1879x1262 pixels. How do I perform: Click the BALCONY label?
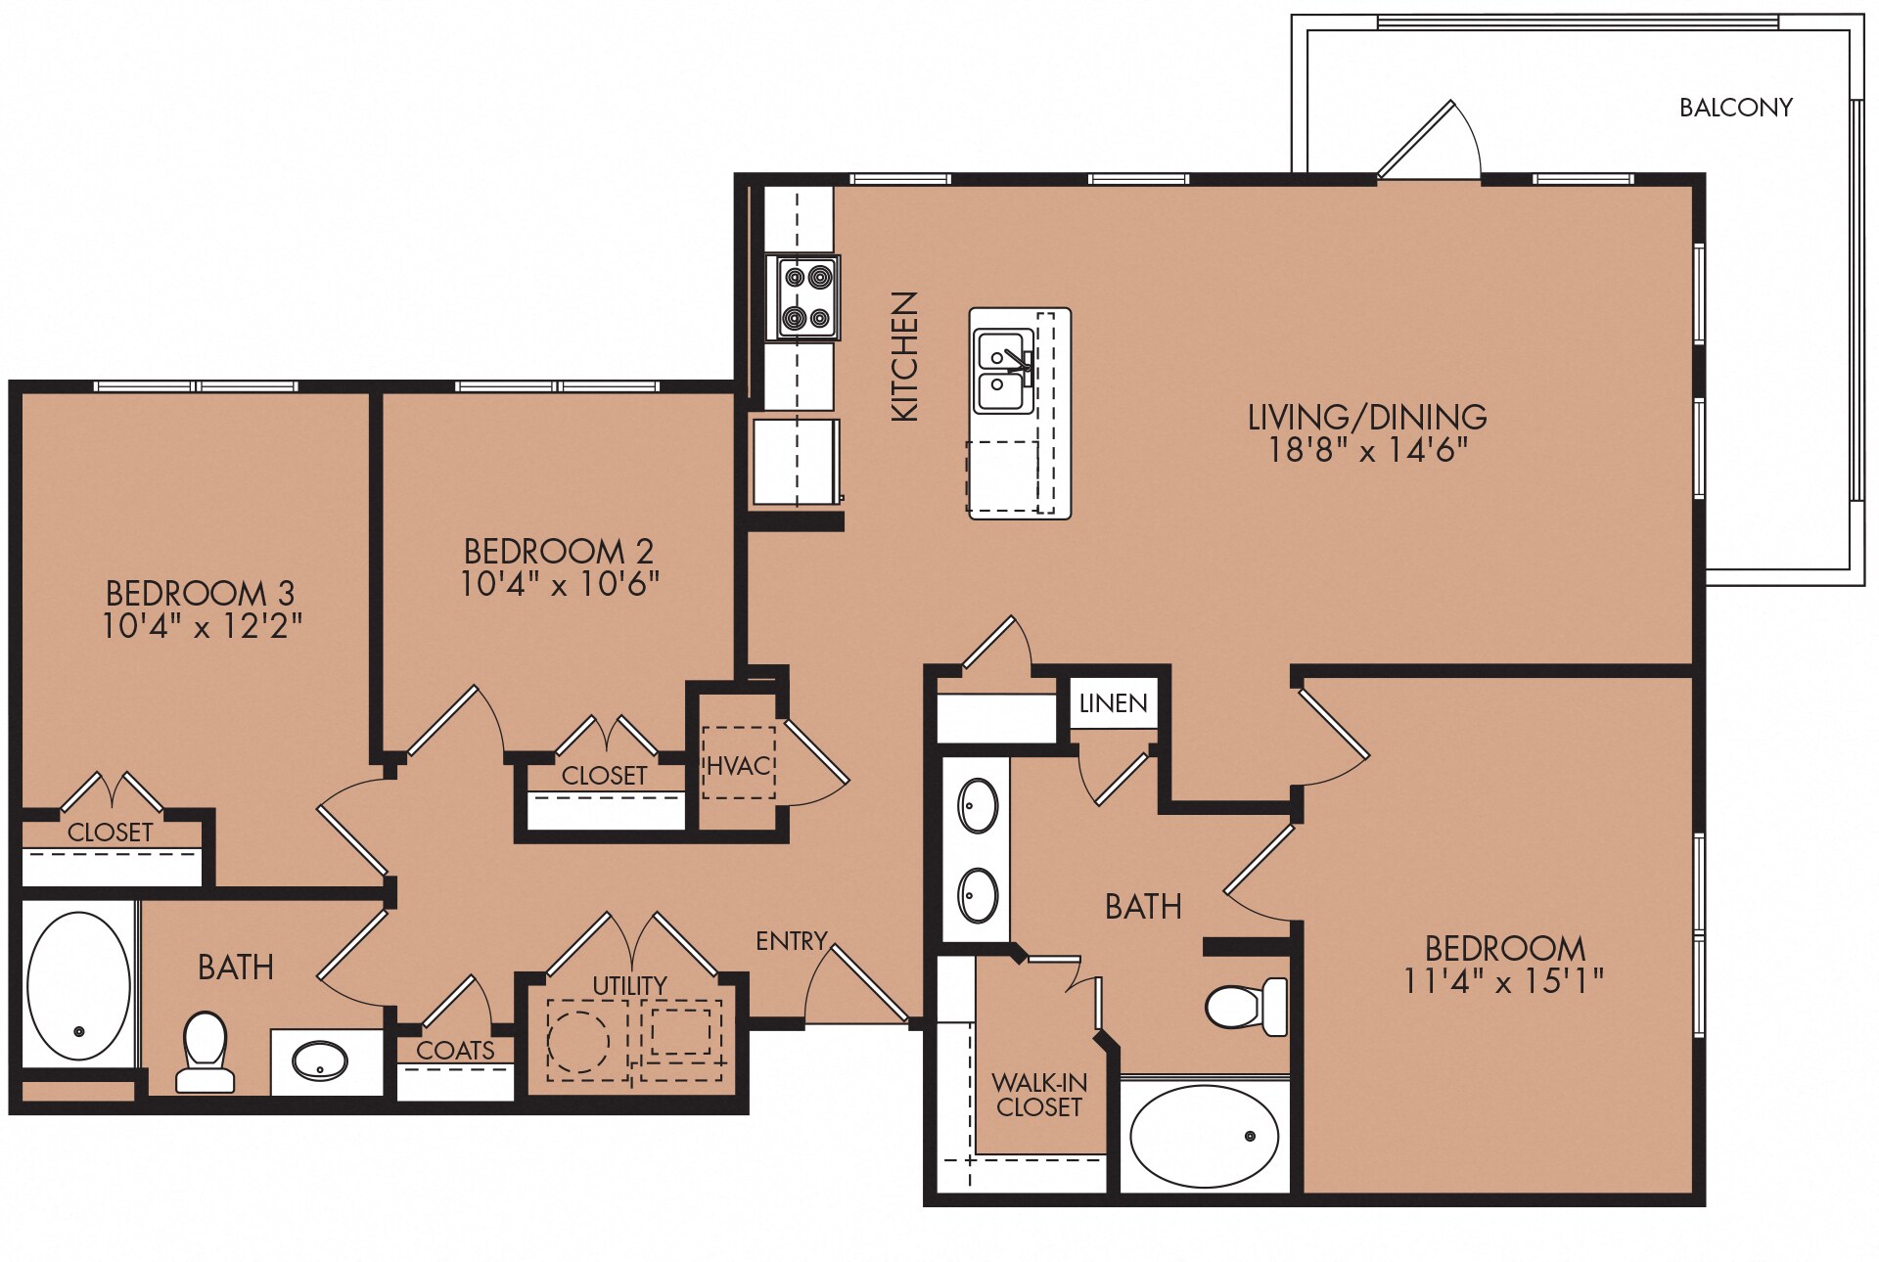coord(1735,108)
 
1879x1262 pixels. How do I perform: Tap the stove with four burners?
coord(807,297)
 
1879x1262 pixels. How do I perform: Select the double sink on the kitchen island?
coord(1003,371)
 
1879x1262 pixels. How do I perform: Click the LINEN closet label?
coord(1113,703)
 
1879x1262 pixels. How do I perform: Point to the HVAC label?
coord(739,766)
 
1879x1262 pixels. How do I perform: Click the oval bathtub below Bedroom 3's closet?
coord(78,986)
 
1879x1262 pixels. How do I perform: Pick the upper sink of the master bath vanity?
coord(978,806)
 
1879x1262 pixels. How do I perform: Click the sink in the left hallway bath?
coord(320,1060)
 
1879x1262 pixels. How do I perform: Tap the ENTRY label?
coord(791,941)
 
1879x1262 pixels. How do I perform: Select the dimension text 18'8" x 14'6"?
coord(1367,450)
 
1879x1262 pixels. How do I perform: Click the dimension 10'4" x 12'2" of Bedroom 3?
coord(202,626)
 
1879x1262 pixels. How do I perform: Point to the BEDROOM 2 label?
coord(559,551)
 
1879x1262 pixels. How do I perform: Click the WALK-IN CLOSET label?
coord(1038,1095)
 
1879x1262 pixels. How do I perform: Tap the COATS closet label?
coord(455,1051)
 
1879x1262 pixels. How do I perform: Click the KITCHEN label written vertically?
coord(905,356)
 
